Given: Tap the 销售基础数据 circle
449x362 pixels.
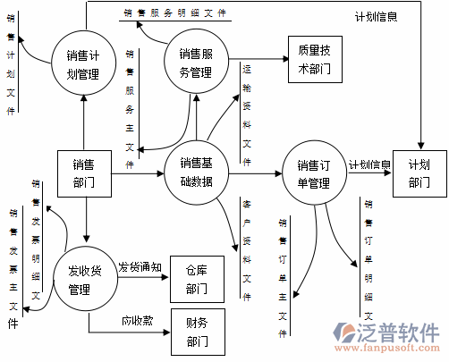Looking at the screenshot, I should (196, 172).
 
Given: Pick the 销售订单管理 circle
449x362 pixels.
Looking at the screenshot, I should (314, 173).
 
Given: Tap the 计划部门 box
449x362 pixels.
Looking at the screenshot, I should (419, 173).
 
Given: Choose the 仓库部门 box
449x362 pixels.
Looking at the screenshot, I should (197, 280).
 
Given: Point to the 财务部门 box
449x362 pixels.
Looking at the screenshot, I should (197, 332).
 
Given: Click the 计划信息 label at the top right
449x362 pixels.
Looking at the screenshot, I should (375, 16).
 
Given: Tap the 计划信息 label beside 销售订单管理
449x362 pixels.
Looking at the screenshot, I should (369, 164).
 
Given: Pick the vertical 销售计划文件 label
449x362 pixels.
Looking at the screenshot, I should (11, 63).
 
